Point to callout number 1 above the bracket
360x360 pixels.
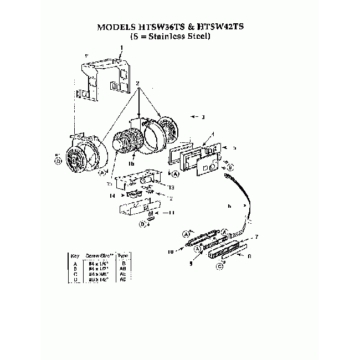pos(122,48)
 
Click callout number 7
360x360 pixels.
pos(256,236)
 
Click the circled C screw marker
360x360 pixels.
pos(220,266)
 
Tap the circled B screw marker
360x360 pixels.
pos(230,167)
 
